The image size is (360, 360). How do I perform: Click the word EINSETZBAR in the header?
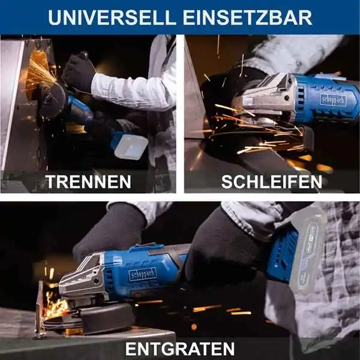click(247, 17)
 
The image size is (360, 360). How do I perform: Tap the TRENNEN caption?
click(88, 182)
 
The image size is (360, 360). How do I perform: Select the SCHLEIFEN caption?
click(272, 182)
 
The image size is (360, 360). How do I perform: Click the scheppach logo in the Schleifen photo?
click(332, 100)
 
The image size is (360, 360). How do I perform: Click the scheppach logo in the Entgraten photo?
click(143, 274)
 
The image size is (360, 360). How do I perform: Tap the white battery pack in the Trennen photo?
click(131, 146)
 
